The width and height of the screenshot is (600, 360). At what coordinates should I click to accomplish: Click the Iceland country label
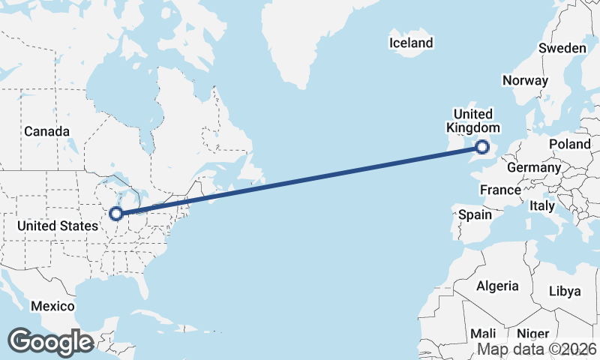pos(411,43)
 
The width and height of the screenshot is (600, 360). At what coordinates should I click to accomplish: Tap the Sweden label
pos(562,48)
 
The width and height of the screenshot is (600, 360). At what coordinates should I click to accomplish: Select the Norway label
pos(526,80)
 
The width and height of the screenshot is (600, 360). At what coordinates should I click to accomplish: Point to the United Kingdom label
pos(474,121)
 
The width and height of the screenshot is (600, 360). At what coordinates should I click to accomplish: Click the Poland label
pos(570,143)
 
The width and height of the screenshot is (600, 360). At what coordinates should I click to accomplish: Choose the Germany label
pos(533,167)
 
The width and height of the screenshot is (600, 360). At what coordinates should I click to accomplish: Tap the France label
pos(500,190)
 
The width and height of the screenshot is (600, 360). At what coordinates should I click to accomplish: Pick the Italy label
pos(541,205)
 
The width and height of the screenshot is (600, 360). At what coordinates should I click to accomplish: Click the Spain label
pos(475,214)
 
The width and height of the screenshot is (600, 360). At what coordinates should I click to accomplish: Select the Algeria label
pos(496,286)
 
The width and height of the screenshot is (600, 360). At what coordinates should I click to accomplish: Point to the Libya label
pos(565,291)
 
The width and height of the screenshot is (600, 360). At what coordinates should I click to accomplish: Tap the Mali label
pos(483,333)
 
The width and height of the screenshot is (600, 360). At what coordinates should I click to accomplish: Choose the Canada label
pos(46,131)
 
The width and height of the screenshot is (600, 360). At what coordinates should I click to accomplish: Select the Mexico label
pos(52,306)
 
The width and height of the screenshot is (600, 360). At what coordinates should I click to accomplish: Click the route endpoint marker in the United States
pos(116,214)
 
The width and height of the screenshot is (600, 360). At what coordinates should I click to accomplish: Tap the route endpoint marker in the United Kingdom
pos(482,148)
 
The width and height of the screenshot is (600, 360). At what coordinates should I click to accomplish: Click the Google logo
pos(50,341)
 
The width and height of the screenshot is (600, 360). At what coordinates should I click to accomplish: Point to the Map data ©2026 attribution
pos(537,349)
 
